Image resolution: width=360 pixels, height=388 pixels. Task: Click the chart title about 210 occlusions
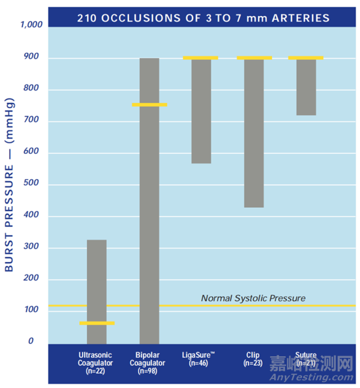point(203,17)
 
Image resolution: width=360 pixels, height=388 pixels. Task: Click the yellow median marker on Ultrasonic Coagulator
point(97,323)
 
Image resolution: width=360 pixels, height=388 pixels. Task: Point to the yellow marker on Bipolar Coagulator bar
point(149,105)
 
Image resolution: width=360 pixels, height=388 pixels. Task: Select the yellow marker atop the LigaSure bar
point(201,58)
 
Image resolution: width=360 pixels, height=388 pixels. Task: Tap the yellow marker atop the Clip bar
point(254,58)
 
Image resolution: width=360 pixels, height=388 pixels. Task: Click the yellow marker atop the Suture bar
point(306,58)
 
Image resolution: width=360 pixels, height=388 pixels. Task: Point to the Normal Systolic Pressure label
point(253,298)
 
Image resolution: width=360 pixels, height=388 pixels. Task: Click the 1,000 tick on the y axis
point(31,25)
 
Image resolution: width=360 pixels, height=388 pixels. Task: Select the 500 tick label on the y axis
point(35,184)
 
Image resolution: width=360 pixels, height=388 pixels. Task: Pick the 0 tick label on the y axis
point(39,341)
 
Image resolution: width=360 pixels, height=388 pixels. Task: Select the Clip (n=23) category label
point(252,359)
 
